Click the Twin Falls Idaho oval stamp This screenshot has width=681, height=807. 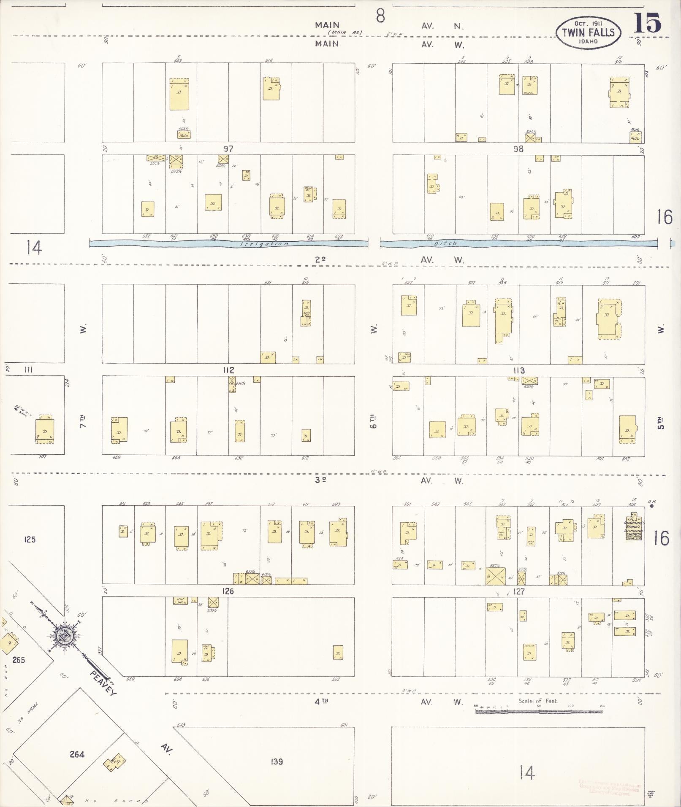tap(588, 32)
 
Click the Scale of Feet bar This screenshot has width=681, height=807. tap(538, 711)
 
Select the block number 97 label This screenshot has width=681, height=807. tap(228, 149)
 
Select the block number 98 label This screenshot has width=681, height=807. tap(518, 149)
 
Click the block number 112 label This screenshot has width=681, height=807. tap(228, 370)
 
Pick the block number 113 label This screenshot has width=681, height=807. tap(519, 370)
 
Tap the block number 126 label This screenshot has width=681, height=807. tap(228, 591)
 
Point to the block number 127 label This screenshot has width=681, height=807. tap(518, 591)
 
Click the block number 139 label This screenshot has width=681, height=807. tap(277, 761)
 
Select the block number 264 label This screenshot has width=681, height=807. tap(77, 754)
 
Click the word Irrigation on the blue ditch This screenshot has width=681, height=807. tap(264, 244)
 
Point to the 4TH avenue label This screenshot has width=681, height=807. tap(322, 701)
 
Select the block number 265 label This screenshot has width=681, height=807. tap(19, 660)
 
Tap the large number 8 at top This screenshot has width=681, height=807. tap(380, 16)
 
